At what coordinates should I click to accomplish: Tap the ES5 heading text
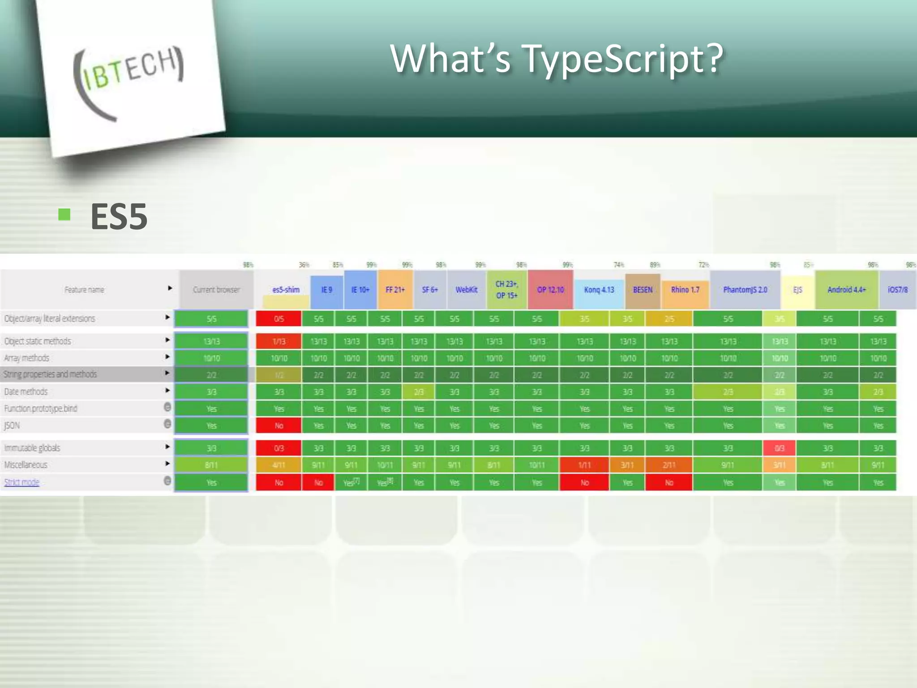119,217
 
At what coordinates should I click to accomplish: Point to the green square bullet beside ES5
64,215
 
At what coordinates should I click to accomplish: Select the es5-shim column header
286,290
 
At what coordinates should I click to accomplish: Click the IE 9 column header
327,290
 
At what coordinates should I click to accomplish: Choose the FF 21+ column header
395,290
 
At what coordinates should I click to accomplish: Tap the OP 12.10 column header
550,290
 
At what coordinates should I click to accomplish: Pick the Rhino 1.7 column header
685,290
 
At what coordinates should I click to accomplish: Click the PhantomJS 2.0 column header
745,290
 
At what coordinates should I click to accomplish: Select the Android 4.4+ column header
846,290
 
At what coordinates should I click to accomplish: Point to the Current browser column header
216,290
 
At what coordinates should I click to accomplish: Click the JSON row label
12,426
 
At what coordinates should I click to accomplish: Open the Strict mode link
22,482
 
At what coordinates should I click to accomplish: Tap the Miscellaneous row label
26,465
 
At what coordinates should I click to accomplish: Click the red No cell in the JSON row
279,426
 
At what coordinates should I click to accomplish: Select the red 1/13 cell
279,341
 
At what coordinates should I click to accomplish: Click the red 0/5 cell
279,319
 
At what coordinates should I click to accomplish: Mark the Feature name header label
84,290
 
